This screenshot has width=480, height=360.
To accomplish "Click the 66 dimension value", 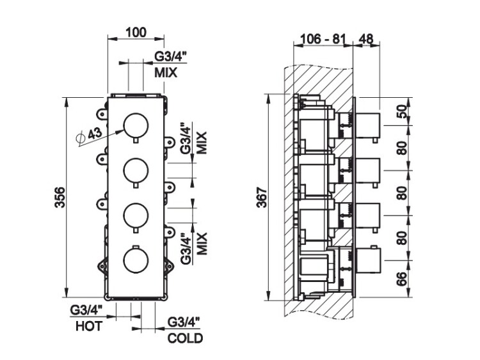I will (x=402, y=279).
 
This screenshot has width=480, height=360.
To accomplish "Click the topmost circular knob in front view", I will (x=134, y=125).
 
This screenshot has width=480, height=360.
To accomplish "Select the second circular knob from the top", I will (x=134, y=169).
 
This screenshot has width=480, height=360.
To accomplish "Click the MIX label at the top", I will (x=165, y=73).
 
